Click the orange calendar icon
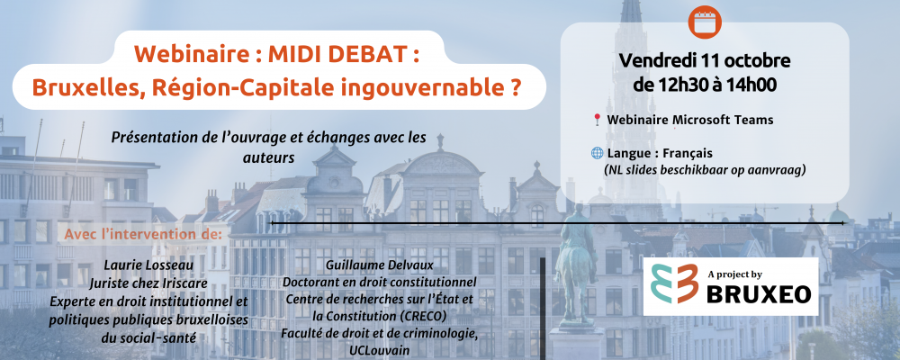pos(705,22)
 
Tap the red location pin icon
pos(597,120)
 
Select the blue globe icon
pos(597,153)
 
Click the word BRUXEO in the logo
pos(758,294)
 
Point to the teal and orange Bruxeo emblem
pos(674,283)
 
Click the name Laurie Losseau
pos(148,265)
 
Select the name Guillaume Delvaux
pos(380,265)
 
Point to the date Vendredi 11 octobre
pos(705,60)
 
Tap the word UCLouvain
pos(379,350)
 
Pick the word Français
pos(688,153)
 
